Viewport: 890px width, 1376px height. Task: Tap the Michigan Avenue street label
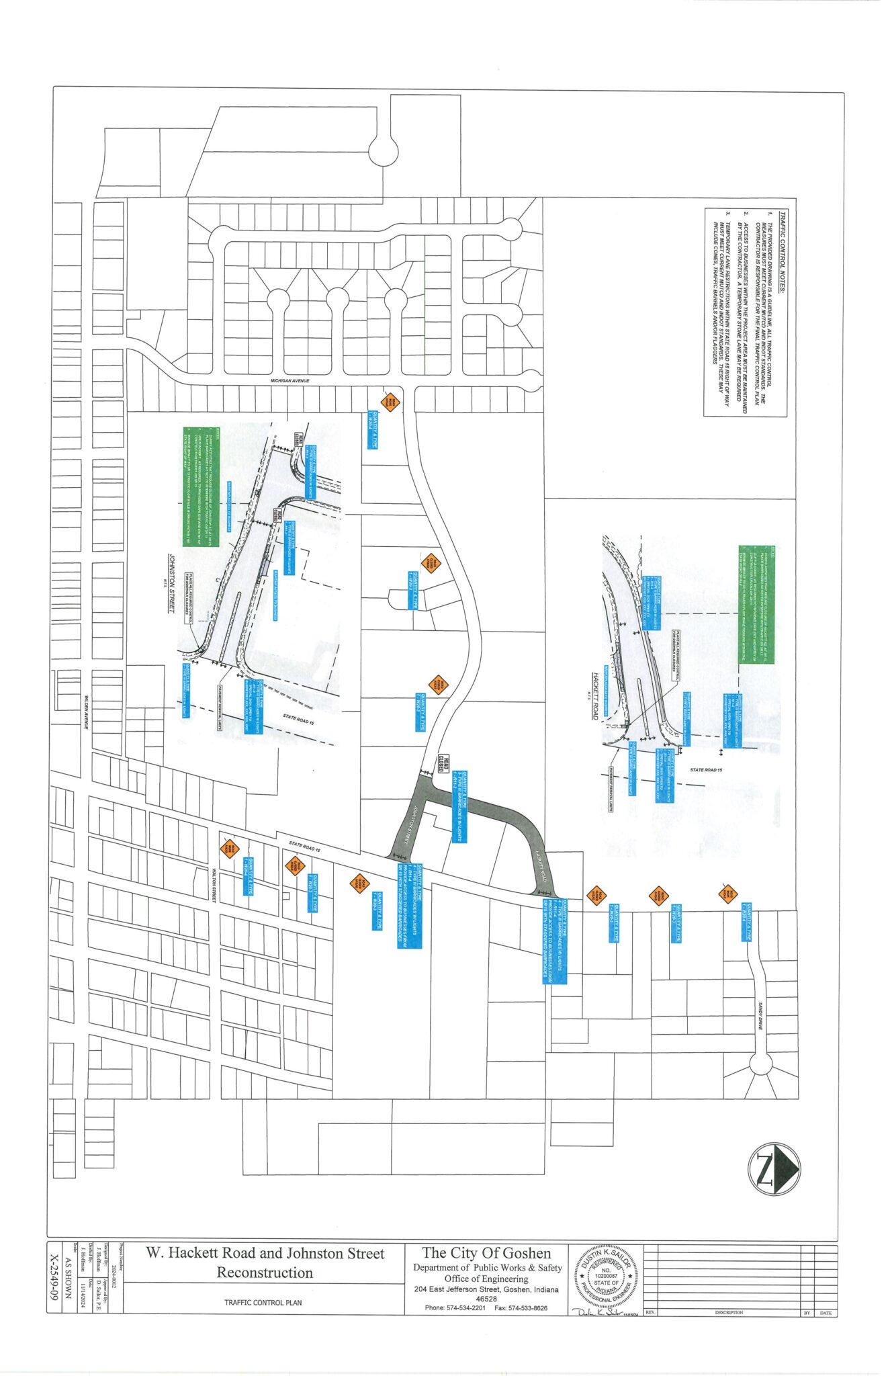(x=290, y=381)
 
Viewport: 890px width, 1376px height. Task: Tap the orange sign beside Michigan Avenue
(x=390, y=402)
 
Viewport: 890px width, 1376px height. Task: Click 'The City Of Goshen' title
(x=486, y=1253)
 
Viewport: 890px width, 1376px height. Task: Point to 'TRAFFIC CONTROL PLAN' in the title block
(x=263, y=1303)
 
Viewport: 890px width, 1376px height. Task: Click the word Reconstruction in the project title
(x=265, y=1273)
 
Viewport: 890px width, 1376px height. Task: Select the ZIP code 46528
(x=486, y=1299)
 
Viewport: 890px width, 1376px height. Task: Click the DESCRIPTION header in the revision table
(x=729, y=1312)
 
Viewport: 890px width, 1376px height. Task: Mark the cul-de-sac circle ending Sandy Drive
(x=761, y=1065)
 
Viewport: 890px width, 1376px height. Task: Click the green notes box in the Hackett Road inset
(x=756, y=605)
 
